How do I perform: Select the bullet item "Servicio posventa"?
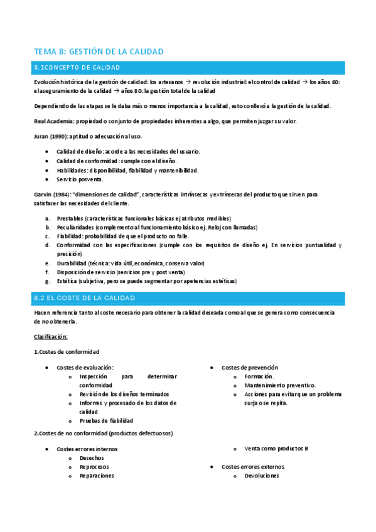tap(80, 179)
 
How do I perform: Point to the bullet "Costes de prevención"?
tap(250, 367)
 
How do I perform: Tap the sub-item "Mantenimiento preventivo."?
tap(280, 385)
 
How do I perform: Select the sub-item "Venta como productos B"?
tap(277, 449)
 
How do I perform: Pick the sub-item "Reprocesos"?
tap(94, 467)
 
